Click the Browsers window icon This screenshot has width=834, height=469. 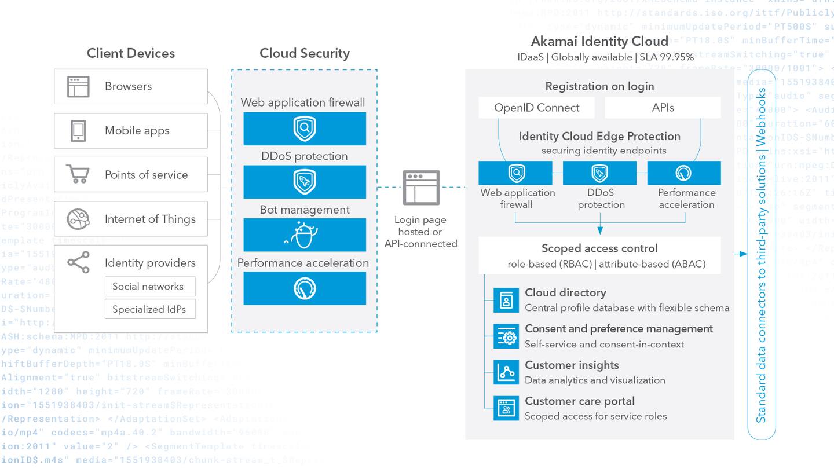[x=78, y=87]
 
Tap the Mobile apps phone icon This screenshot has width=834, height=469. [x=78, y=131]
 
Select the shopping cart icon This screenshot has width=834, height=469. [x=78, y=174]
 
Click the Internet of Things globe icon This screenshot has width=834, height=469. [x=78, y=219]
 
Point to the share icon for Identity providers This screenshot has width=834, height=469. [x=78, y=262]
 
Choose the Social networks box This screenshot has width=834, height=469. [x=150, y=287]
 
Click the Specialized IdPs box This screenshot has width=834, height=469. [x=150, y=309]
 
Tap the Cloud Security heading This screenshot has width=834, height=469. [x=305, y=53]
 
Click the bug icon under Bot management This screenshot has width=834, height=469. [x=304, y=235]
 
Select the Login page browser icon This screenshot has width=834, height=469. [x=422, y=187]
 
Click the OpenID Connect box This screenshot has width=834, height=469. [x=537, y=108]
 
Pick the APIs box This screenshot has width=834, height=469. [x=663, y=108]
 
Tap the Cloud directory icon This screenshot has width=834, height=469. [x=506, y=301]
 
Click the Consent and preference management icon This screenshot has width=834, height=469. [x=506, y=336]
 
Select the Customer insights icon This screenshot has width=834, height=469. [x=506, y=372]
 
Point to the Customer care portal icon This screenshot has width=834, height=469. [x=506, y=408]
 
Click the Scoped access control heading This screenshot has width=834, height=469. [x=599, y=248]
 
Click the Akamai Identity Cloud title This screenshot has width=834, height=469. [x=599, y=42]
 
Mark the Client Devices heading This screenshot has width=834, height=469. [x=131, y=53]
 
